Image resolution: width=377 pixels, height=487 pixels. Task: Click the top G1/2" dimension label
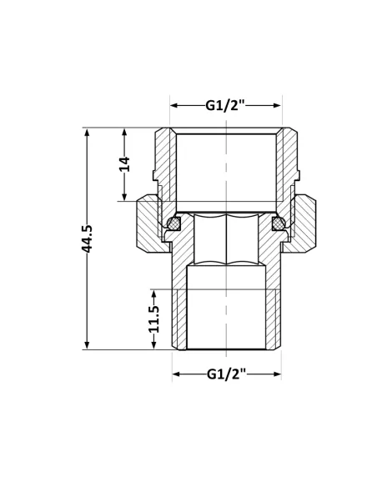225,106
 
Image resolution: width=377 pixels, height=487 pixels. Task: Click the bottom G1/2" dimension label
226,374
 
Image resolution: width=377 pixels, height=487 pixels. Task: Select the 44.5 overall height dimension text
87,238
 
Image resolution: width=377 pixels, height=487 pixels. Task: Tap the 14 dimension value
125,164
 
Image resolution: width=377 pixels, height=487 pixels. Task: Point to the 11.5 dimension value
153,319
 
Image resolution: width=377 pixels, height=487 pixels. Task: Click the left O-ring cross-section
174,223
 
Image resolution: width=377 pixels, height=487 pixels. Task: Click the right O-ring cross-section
279,223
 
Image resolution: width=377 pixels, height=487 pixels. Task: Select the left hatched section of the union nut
149,223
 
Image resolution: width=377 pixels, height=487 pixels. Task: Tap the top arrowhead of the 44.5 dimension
87,132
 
